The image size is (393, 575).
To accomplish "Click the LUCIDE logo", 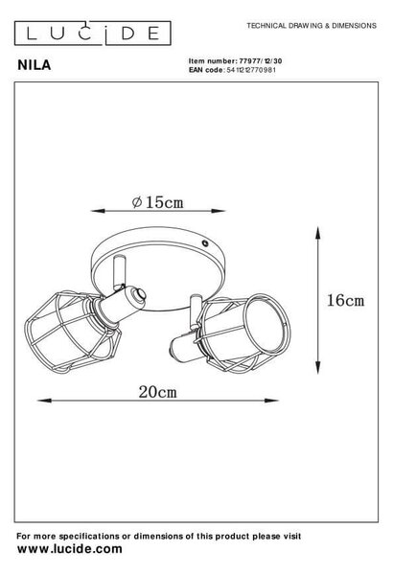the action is (x=92, y=33).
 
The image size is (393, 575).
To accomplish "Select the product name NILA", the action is (x=35, y=65).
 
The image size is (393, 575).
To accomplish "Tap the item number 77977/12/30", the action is (x=261, y=61).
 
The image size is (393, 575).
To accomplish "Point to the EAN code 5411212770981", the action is (x=251, y=70).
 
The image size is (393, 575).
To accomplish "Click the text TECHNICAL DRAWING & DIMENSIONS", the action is (x=312, y=26).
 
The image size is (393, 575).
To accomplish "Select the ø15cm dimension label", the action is (x=157, y=202).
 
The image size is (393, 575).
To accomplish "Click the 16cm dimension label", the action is (x=346, y=300).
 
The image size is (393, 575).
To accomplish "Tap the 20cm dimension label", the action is (x=157, y=392).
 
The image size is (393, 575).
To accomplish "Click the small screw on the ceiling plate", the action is (x=204, y=242).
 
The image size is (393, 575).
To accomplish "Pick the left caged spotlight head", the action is (x=74, y=330).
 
